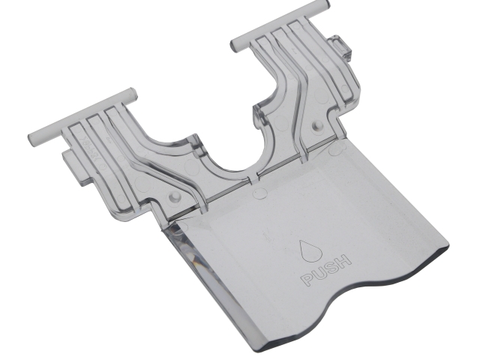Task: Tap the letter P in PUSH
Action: point(307,280)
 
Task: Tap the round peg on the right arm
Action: point(317,125)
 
